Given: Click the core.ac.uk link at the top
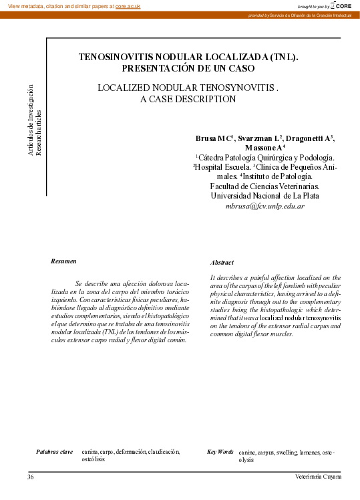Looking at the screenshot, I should pos(128,6).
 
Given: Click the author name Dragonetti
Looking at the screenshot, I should pos(307,138).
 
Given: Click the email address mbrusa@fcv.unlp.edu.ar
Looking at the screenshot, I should pos(265,207).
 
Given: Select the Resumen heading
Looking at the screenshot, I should pos(64,261).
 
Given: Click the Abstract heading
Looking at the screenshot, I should pos(222,263).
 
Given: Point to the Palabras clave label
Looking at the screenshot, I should pos(54,452).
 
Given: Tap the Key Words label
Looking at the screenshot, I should pos(220,452).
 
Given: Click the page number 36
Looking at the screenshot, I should pos(31,477).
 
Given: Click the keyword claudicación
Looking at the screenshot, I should pos(164,452).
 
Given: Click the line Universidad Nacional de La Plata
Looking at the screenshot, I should pos(264,197).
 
